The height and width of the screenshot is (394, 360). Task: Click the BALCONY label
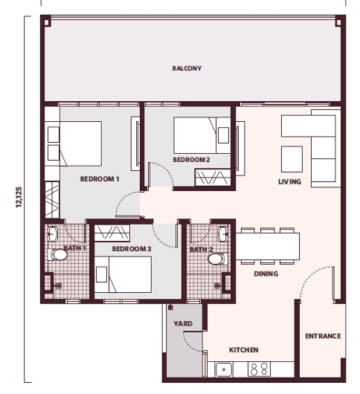pyautogui.click(x=187, y=69)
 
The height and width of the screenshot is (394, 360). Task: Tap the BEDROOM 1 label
pyautogui.click(x=100, y=178)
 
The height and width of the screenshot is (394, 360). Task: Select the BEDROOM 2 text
pyautogui.click(x=191, y=160)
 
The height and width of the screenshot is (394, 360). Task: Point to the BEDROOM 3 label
pyautogui.click(x=132, y=248)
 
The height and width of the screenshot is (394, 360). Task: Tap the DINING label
pyautogui.click(x=266, y=274)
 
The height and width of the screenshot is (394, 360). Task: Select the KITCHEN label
pyautogui.click(x=243, y=349)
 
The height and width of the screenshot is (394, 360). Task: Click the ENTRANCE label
pyautogui.click(x=323, y=336)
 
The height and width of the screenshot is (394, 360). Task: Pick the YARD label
pyautogui.click(x=183, y=324)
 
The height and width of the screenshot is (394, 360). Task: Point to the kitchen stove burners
pyautogui.click(x=257, y=368)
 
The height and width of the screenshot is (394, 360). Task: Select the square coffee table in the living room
pyautogui.click(x=292, y=158)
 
